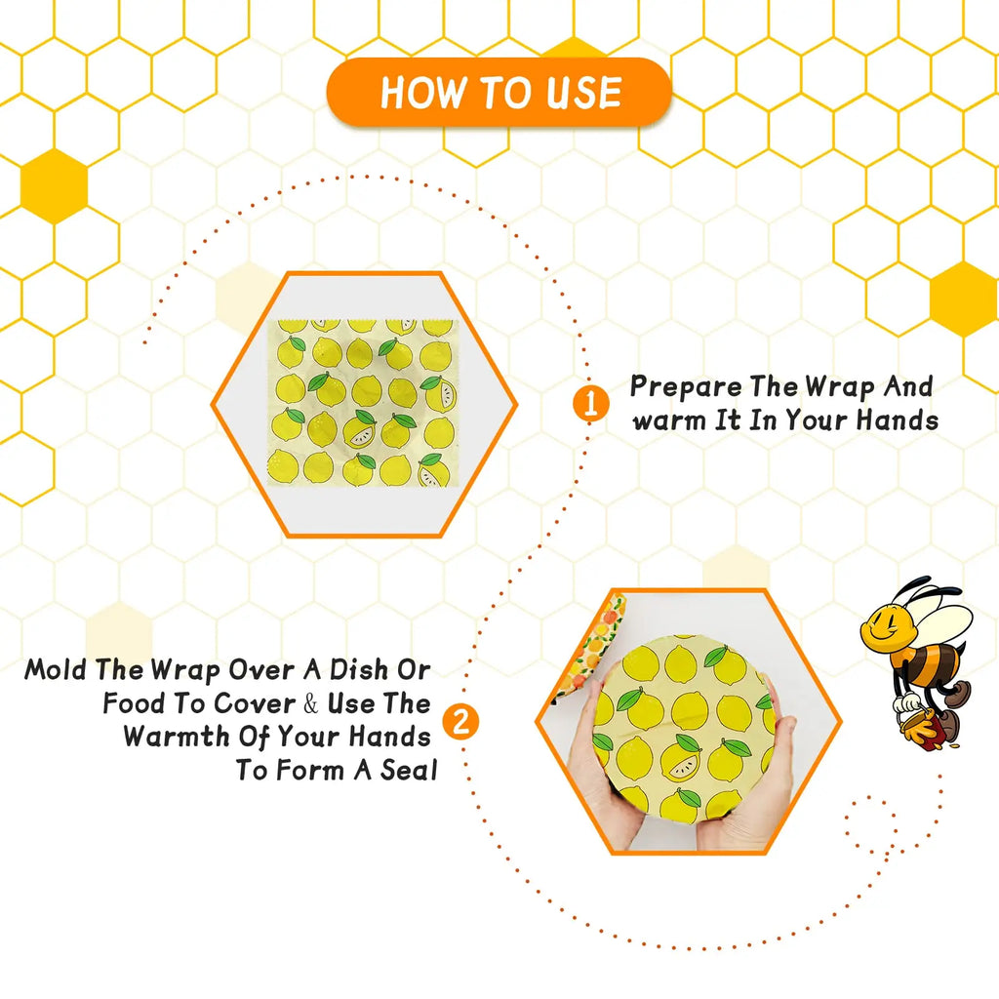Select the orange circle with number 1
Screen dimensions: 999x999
tap(589, 404)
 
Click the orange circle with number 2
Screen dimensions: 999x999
tap(460, 722)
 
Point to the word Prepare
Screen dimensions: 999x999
tap(685, 386)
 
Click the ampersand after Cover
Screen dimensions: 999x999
tap(310, 703)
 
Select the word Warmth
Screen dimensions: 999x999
tap(176, 737)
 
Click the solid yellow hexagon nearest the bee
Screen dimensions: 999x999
tap(964, 299)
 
